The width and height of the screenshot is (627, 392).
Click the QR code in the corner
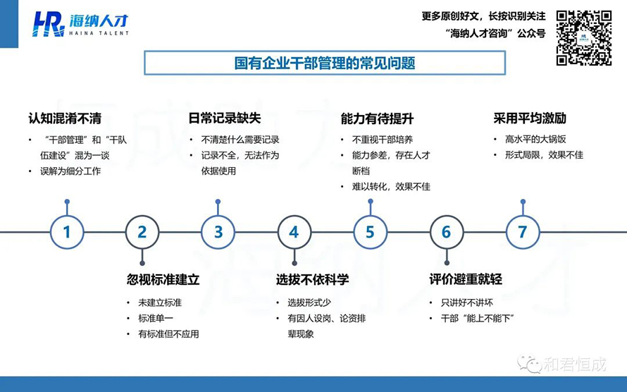click(584, 38)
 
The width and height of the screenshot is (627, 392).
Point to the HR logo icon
click(49, 24)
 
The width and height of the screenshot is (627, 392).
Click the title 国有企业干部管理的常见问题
click(325, 63)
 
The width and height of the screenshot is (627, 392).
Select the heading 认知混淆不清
click(65, 118)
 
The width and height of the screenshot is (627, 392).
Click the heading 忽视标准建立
click(163, 279)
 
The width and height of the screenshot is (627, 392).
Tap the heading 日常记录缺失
click(225, 118)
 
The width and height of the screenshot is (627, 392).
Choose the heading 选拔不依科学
click(312, 279)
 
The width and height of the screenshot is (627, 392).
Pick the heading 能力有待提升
click(377, 118)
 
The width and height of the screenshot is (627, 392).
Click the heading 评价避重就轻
click(466, 279)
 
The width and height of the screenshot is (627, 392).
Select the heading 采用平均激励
click(530, 118)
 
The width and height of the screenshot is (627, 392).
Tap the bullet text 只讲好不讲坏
click(467, 302)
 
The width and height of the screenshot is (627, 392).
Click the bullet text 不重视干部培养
click(383, 140)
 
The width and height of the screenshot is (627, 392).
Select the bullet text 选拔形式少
click(309, 302)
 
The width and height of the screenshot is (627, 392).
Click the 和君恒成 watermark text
click(575, 365)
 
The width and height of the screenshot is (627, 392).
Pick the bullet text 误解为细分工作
click(70, 171)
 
